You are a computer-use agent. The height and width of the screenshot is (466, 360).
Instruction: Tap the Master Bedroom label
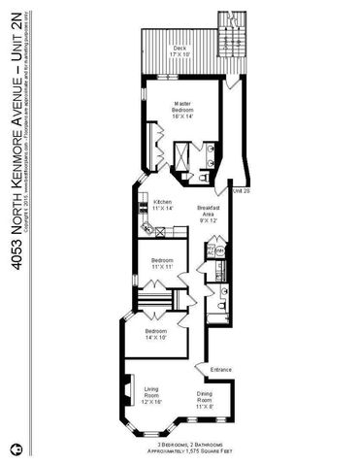(x=181, y=109)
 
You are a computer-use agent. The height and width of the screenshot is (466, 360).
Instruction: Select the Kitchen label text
(x=163, y=205)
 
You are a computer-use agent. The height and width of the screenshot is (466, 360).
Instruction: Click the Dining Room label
(x=205, y=397)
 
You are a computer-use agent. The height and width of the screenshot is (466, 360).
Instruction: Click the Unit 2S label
(x=242, y=191)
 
